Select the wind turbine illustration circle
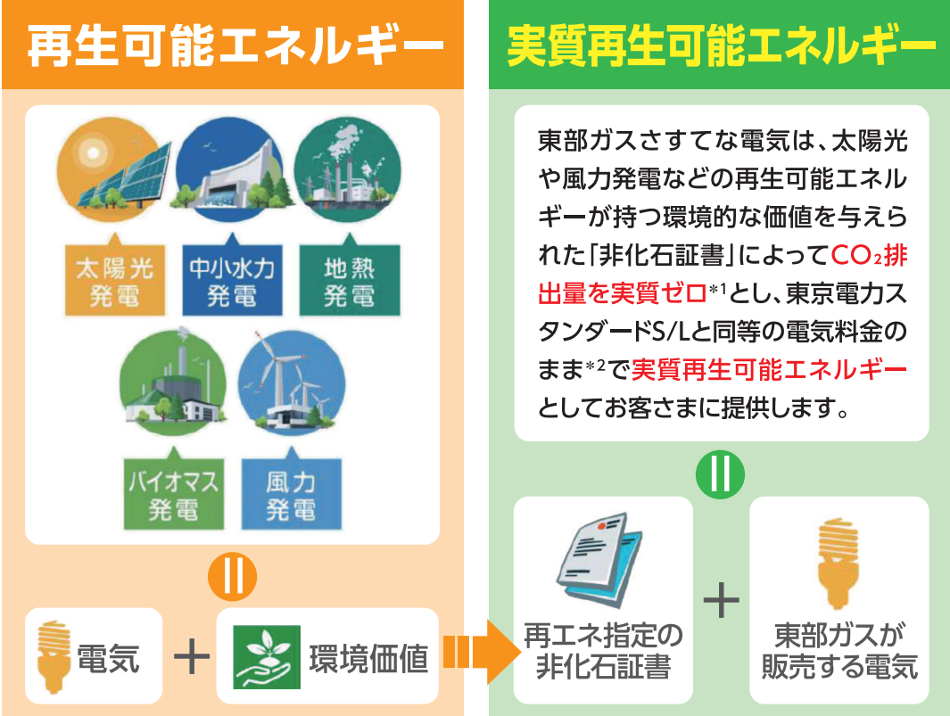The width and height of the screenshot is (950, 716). point(292,383)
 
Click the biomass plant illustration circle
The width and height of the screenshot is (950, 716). point(174,383)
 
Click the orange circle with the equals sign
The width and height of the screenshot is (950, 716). point(233,576)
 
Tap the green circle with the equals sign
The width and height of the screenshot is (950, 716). point(721,474)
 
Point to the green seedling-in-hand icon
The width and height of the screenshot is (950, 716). point(268,657)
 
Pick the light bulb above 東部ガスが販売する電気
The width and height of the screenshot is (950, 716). point(838,564)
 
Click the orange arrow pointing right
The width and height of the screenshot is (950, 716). point(482,652)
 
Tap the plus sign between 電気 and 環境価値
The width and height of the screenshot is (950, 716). point(192,655)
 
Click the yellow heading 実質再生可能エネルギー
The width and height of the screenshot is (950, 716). point(721,45)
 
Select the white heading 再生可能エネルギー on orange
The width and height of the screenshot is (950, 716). point(235,45)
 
